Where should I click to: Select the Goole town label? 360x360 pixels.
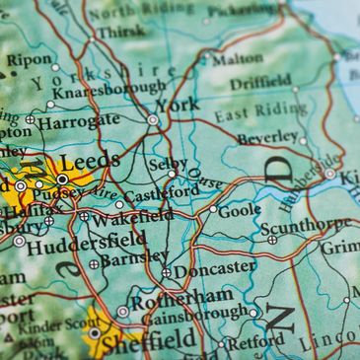coord(240,209)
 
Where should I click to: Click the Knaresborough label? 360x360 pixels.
coord(109,88)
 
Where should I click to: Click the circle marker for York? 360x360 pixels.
coord(152,119)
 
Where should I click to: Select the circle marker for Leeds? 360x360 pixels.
coord(62,180)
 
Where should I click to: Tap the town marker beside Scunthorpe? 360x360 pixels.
coord(272,239)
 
